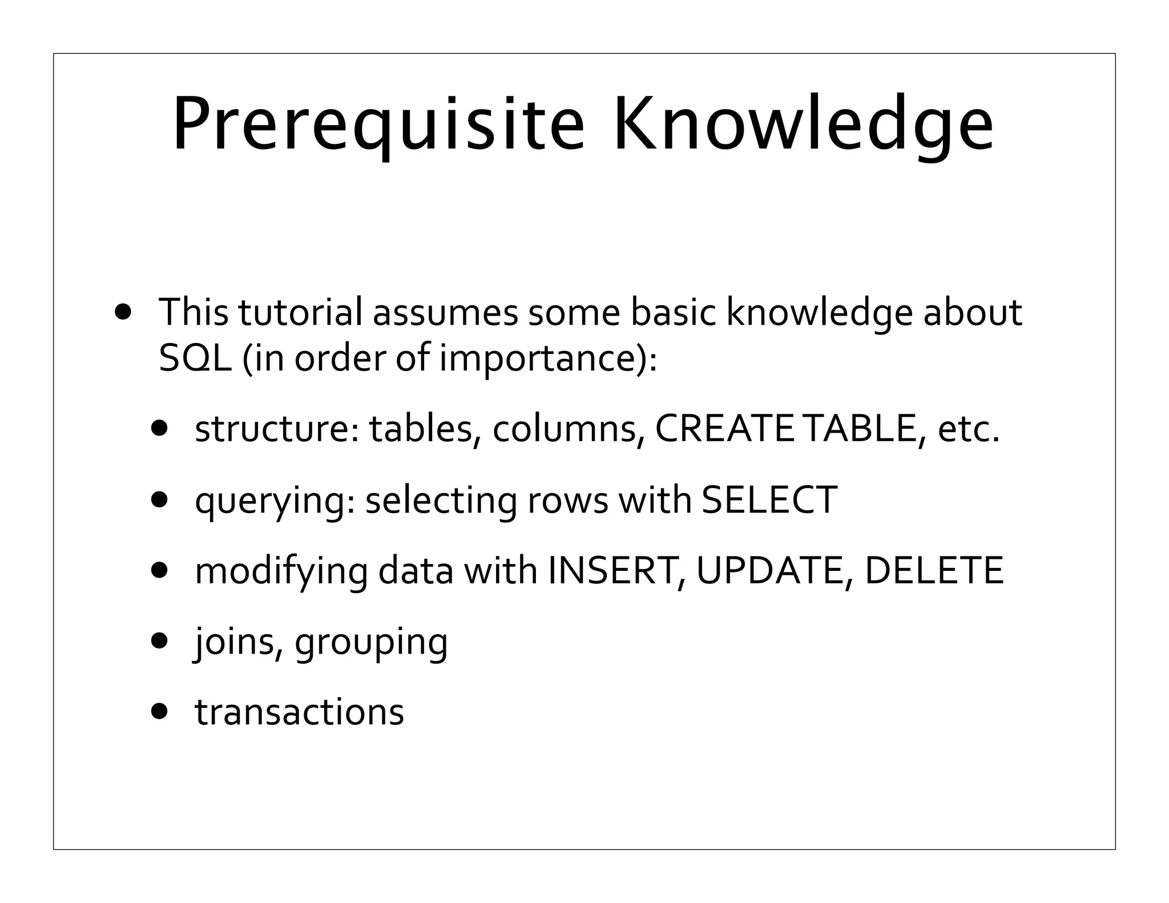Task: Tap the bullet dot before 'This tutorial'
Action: coord(123,312)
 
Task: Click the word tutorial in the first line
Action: coord(300,312)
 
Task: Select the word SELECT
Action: coord(769,499)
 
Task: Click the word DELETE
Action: coord(934,570)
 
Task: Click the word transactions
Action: coord(300,712)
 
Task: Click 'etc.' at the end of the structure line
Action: coord(969,429)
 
